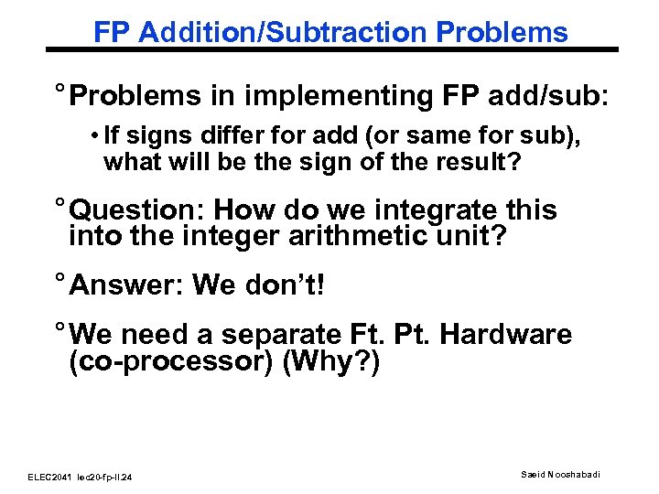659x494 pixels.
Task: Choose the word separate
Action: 275,335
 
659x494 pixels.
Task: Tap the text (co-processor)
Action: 172,362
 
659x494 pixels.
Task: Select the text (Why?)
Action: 330,362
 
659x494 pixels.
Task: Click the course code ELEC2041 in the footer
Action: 48,477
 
